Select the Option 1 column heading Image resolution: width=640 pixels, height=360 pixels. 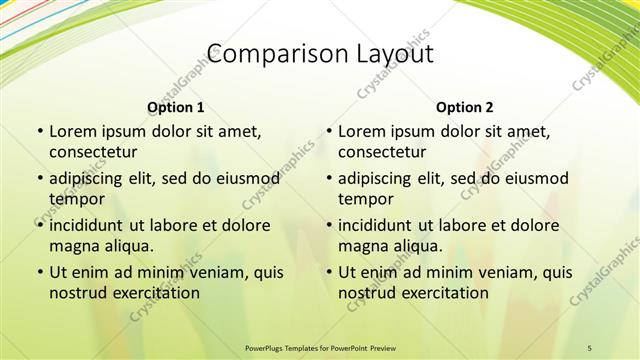click(176, 107)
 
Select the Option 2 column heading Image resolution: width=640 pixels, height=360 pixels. click(465, 107)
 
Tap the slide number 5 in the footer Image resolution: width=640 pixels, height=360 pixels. click(590, 347)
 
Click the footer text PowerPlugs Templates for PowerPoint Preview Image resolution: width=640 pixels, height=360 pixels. click(320, 347)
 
